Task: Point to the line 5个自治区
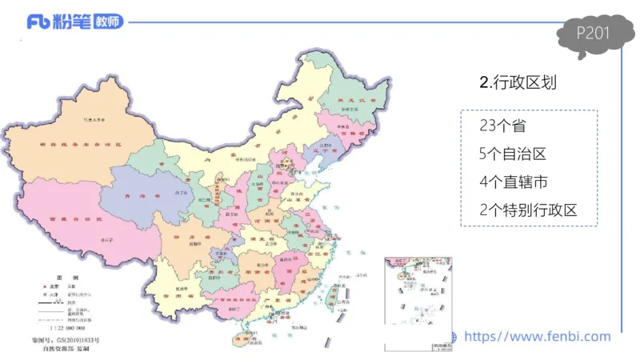[513, 154]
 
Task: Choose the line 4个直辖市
[513, 182]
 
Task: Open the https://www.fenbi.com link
[537, 337]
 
